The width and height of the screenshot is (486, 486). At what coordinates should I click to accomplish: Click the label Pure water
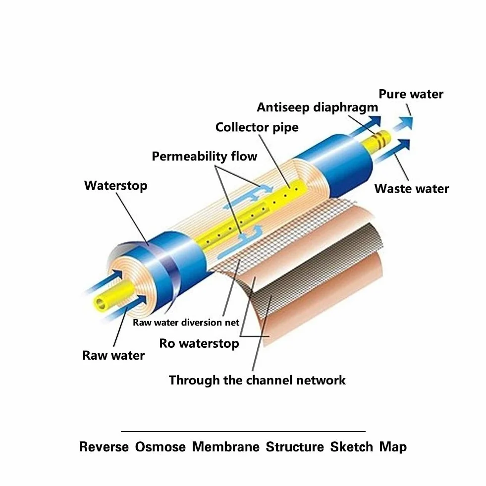coord(411,94)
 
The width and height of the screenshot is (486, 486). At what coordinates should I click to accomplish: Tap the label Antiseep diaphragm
coord(318,108)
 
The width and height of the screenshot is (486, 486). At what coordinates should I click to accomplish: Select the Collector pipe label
coord(257,127)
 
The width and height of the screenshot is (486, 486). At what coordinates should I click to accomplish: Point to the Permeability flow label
coord(204,156)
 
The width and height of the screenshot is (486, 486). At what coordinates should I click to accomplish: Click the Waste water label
coord(412,188)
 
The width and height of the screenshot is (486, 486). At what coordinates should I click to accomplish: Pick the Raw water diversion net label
coord(186,323)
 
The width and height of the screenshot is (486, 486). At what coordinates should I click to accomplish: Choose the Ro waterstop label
coord(199,343)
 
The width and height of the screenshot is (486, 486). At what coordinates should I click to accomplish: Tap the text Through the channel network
coord(257,380)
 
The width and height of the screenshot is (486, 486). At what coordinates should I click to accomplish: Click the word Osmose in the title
coord(160,447)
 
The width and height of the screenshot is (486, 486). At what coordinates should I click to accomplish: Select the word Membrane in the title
coord(225,447)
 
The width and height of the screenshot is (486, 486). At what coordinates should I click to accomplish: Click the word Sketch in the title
coord(351,447)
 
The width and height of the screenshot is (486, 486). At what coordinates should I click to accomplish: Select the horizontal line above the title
coord(243,431)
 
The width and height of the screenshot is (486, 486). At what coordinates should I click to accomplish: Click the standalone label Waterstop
coord(115,186)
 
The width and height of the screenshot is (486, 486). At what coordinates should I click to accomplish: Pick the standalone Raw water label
coord(113,356)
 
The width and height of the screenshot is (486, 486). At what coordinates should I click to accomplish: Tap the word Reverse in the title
coord(104,447)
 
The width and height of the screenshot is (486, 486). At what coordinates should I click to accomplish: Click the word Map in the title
coord(393,447)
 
